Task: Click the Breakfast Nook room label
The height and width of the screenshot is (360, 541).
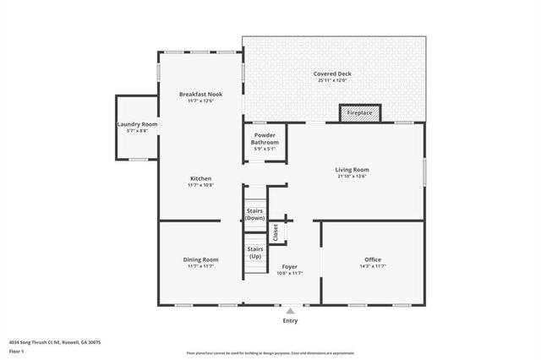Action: pos(200,94)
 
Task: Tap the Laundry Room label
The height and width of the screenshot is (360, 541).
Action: pos(137,124)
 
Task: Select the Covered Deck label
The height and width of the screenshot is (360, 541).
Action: pos(332,74)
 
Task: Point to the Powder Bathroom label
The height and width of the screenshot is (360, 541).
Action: pos(265,139)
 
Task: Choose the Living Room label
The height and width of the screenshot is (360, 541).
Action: pos(352,170)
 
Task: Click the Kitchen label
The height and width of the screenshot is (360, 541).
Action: pos(200,178)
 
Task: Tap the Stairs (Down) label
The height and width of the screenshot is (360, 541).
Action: pos(255,214)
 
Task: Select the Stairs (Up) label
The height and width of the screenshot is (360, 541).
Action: pos(255,252)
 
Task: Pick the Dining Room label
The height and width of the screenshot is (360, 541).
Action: pos(200,259)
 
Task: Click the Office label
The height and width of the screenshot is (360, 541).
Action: pos(373,259)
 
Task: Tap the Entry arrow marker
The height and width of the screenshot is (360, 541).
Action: pos(290,311)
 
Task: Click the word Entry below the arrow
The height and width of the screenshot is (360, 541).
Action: pos(290,321)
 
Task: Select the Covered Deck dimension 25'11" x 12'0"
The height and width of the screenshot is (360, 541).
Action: pos(332,81)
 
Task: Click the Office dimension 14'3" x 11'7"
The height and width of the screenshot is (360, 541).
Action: pos(373,266)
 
